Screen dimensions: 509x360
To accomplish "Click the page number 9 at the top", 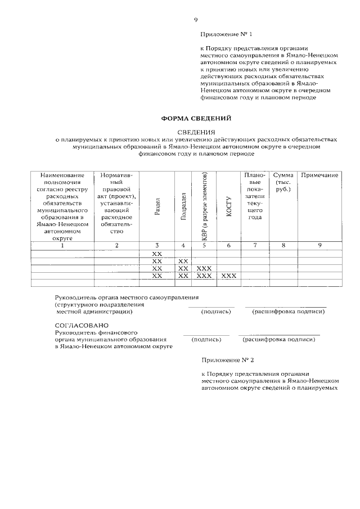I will (x=196, y=20).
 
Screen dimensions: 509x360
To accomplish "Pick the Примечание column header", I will (x=319, y=175).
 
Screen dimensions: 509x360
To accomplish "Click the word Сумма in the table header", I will (x=283, y=175).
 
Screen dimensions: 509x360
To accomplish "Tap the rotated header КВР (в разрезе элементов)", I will (x=204, y=207).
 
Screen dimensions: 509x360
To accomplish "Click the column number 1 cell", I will (x=62, y=245).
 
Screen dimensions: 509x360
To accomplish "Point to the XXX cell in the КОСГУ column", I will (x=229, y=276).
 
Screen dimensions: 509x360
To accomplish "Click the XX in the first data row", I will (x=157, y=254).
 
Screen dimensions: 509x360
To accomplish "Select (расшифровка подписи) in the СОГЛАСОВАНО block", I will (x=278, y=340).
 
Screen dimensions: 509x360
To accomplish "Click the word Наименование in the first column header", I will (x=62, y=175).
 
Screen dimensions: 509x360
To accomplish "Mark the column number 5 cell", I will (x=204, y=245).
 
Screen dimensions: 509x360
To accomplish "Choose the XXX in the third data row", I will (x=204, y=269).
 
